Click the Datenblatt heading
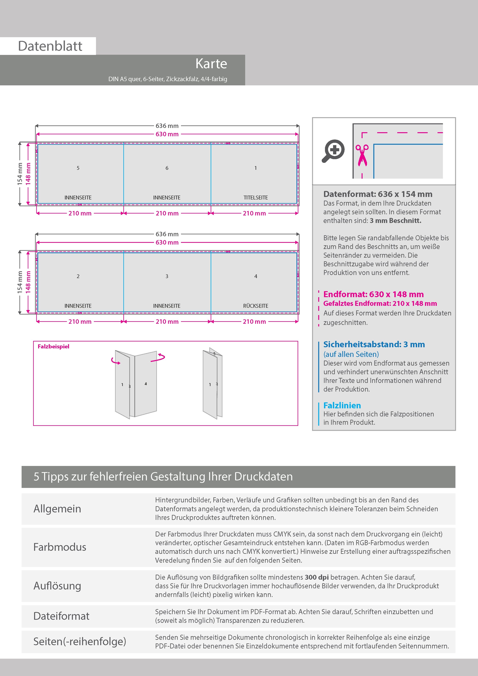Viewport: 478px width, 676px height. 50,46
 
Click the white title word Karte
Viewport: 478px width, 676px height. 211,64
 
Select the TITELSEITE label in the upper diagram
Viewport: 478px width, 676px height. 255,198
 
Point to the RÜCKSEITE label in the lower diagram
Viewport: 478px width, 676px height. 255,306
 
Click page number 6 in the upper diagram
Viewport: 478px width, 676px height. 167,168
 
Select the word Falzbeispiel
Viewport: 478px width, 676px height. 53,346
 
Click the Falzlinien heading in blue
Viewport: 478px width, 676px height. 342,405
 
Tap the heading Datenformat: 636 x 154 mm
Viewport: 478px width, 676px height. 378,194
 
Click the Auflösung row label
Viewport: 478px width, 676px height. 57,586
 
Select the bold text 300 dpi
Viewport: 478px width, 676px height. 317,577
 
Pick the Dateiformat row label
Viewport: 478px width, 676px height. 61,616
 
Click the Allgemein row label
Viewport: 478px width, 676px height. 57,509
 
